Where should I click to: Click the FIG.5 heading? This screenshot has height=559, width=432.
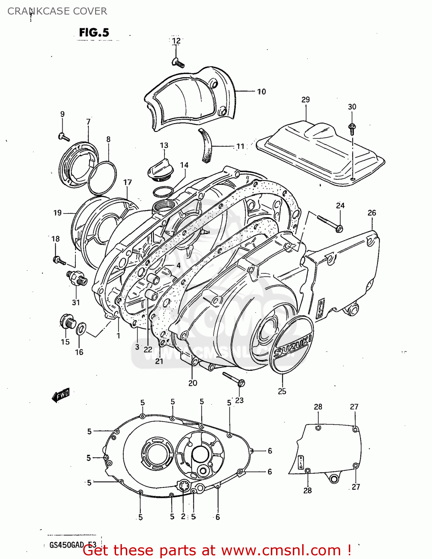click(94, 33)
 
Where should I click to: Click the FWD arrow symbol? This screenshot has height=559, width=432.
click(60, 395)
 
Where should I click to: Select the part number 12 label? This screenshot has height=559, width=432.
click(176, 41)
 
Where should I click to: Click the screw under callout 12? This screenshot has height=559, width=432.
click(178, 63)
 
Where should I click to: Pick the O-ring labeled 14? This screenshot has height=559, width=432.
click(163, 192)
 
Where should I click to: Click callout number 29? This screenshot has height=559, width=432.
click(306, 100)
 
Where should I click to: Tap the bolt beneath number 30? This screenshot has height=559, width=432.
click(351, 128)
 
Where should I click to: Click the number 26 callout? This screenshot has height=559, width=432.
click(372, 213)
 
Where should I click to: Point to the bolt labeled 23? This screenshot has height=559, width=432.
click(234, 379)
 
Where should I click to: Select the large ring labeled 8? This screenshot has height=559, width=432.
click(102, 178)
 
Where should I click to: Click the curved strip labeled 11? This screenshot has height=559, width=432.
click(206, 146)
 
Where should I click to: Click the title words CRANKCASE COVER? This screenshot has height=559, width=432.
click(57, 11)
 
